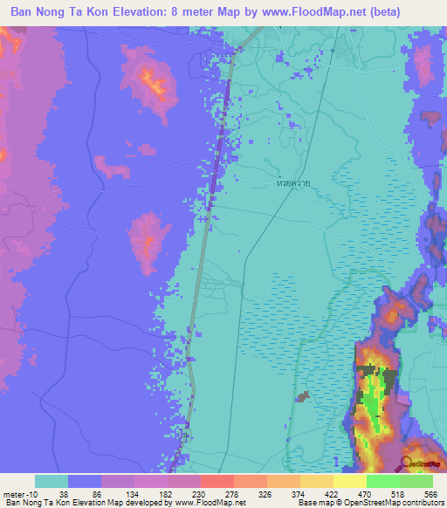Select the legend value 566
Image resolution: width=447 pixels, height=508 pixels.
(x=429, y=493)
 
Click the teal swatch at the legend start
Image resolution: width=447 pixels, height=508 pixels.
(x=52, y=481)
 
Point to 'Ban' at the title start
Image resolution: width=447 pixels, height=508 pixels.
(x=24, y=13)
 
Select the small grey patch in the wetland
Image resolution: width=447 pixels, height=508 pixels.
(x=303, y=397)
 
